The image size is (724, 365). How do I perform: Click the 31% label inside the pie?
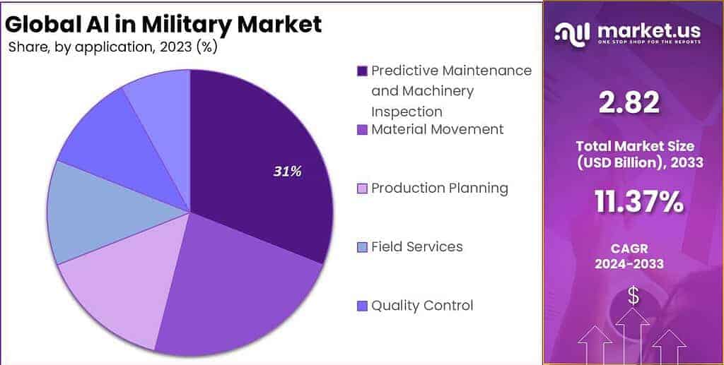287,172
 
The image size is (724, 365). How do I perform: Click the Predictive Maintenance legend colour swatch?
363,71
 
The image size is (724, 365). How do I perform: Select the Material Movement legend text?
437,129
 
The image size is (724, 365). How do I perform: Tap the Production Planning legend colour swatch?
363,189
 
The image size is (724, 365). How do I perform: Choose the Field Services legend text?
417,246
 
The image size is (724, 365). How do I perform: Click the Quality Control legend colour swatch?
363,306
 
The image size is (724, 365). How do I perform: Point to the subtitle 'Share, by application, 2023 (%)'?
112,47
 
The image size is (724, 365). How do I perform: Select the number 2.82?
629,102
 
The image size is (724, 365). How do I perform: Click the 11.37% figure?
639,202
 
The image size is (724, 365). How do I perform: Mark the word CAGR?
629,249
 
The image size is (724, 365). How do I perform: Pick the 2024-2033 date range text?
629,264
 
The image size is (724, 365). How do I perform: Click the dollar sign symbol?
633,296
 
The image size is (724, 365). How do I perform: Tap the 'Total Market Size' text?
635,147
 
